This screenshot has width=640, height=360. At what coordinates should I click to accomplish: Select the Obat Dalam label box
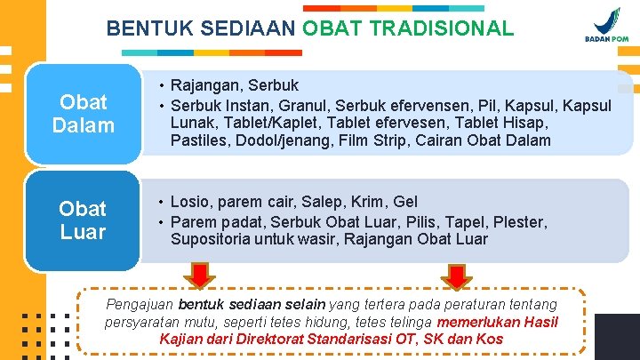tap(83, 114)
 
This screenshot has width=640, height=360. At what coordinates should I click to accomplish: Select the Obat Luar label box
tap(83, 220)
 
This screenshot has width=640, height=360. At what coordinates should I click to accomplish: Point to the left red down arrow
tap(201, 275)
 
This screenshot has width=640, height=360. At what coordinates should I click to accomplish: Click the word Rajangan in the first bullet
tap(205, 86)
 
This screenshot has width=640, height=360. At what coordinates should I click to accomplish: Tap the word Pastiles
tap(201, 140)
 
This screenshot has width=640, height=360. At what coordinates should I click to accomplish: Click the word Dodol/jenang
tap(285, 140)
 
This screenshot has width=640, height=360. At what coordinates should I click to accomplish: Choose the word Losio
tap(193, 203)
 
